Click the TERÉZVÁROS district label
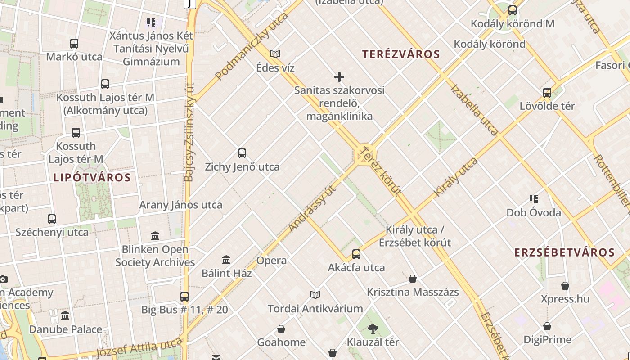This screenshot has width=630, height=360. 401,54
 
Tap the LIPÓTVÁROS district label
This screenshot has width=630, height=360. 92,177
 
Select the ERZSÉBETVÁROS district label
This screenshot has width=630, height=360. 564,252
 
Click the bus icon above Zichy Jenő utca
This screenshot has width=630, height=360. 242,153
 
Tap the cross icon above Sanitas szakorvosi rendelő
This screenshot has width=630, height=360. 339,77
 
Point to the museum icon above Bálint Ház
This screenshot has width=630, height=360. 226,260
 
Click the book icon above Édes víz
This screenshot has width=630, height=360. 275,54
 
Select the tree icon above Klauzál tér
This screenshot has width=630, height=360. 373,328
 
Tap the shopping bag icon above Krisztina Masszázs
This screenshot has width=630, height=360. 413,279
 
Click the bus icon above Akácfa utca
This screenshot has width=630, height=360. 356,254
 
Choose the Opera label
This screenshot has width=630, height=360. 271,261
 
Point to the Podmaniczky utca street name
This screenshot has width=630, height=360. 252,47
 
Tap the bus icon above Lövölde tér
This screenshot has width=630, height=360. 547,93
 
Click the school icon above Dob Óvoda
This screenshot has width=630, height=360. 534,199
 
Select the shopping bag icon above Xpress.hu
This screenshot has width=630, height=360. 565,286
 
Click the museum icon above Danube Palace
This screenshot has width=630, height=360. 66,315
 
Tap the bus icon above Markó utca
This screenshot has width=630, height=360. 74,44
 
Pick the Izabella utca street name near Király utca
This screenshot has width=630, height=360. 474,109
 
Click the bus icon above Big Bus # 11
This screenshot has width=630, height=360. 184,297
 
